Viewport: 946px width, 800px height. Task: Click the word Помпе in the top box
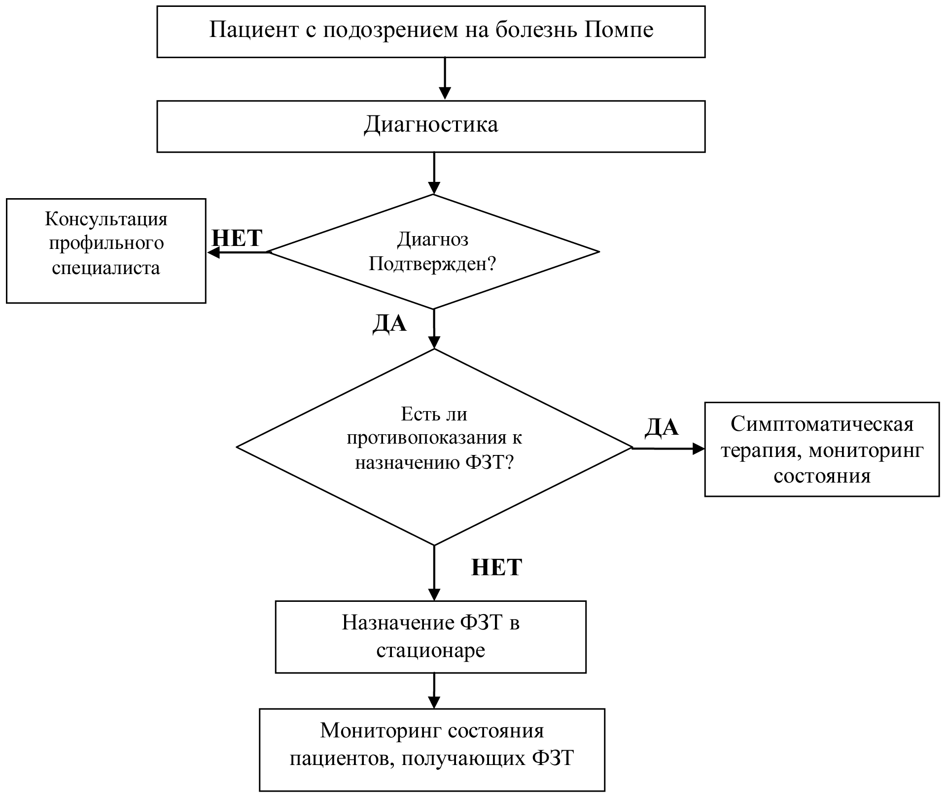pyautogui.click(x=619, y=30)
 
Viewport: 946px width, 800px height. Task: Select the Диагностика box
pyautogui.click(x=431, y=127)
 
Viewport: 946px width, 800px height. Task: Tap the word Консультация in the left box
pyautogui.click(x=106, y=219)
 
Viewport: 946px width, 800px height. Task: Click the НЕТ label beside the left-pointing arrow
pyautogui.click(x=237, y=239)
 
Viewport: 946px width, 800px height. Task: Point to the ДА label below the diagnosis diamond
pyautogui.click(x=389, y=324)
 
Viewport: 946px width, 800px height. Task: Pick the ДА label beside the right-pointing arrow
pyautogui.click(x=662, y=427)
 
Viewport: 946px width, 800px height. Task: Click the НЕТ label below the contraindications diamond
pyautogui.click(x=496, y=568)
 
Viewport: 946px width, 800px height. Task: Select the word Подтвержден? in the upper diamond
pyautogui.click(x=432, y=264)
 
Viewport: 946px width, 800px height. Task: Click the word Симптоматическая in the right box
pyautogui.click(x=822, y=424)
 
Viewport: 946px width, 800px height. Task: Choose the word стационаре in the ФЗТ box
pyautogui.click(x=430, y=651)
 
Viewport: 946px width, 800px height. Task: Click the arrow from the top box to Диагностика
pyautogui.click(x=445, y=79)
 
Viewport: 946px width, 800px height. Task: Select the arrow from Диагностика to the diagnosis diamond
pyautogui.click(x=434, y=173)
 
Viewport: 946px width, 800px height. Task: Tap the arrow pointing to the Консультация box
pyautogui.click(x=239, y=252)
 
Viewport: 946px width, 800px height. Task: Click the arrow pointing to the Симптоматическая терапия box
pyautogui.click(x=668, y=449)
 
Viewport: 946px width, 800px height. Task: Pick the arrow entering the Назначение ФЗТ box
pyautogui.click(x=434, y=573)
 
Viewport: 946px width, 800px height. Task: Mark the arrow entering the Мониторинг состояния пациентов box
pyautogui.click(x=434, y=691)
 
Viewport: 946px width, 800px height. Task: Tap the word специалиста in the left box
pyautogui.click(x=106, y=268)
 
